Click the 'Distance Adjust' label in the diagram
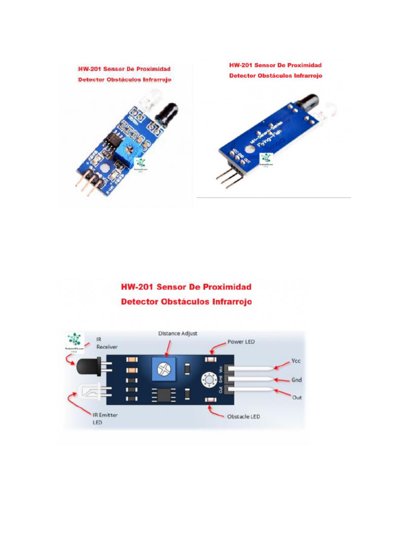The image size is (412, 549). (178, 333)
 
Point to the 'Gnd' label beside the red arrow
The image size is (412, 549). (297, 380)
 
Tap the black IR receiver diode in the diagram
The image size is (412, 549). (89, 368)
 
